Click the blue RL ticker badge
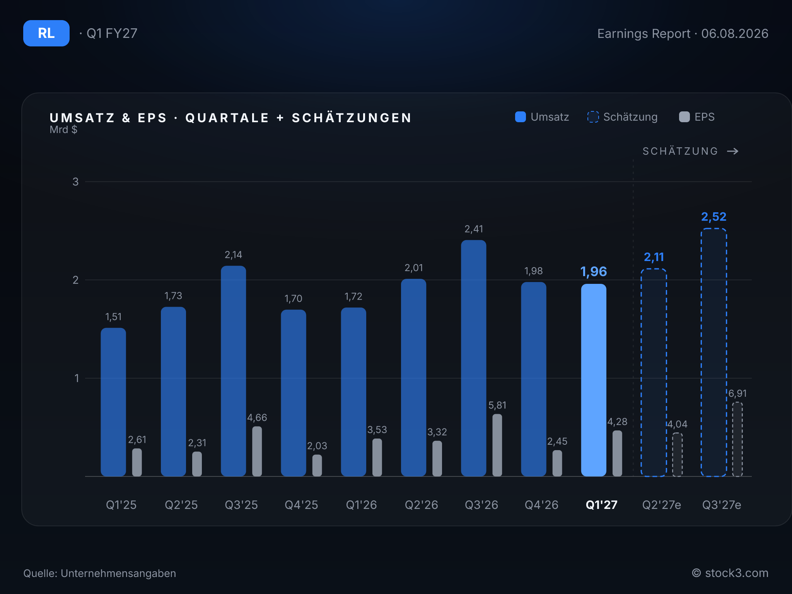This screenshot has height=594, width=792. pos(46,33)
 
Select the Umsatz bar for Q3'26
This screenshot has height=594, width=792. pos(473,358)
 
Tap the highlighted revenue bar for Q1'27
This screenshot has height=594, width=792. pos(594,380)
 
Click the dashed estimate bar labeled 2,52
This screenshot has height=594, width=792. pos(714,352)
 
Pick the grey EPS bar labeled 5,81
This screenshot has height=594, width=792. pos(497,445)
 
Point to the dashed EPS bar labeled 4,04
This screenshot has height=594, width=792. pos(677,455)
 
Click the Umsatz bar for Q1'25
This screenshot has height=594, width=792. pos(113,402)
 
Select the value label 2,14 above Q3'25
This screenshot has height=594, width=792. pos(233,255)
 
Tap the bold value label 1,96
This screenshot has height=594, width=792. pos(594,271)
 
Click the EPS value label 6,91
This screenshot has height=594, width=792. pos(737,393)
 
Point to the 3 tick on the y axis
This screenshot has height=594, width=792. pos(75,182)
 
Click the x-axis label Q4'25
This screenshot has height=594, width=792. pos(301,505)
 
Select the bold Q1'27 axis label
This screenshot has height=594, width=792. pos(601,505)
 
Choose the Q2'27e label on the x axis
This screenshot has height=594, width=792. pos(661,505)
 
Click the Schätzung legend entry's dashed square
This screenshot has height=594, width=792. pos(593,117)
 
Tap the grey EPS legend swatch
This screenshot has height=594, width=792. pos(684,117)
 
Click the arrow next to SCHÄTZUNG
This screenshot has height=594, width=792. pos(732,151)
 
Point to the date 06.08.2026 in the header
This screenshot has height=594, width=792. pos(735,34)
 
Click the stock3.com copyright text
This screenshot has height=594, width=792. pos(730,573)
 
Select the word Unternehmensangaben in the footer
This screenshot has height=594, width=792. pos(118,574)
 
